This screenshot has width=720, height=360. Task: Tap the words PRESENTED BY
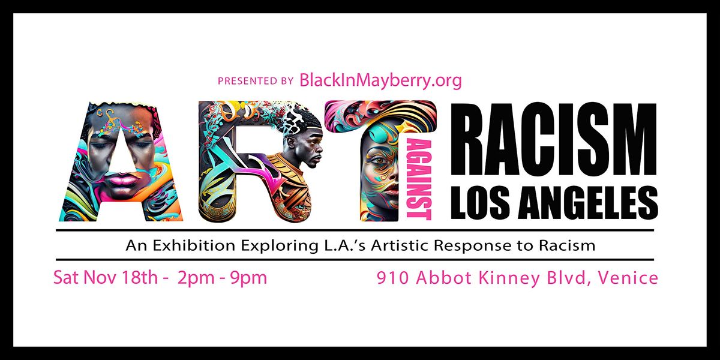click(x=256, y=81)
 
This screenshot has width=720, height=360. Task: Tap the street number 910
click(x=392, y=278)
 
